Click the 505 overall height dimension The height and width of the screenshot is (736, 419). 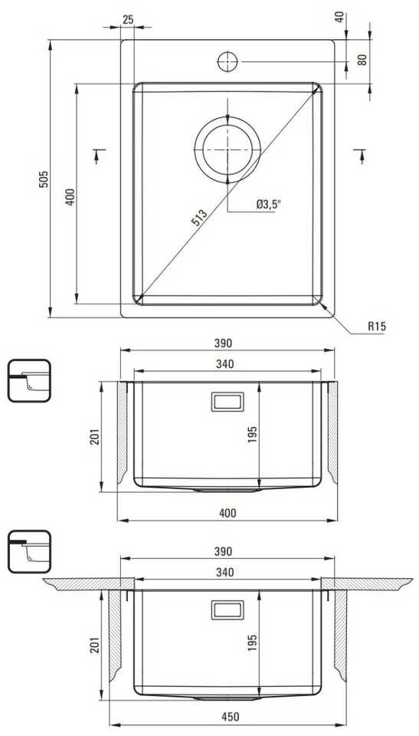[43, 179]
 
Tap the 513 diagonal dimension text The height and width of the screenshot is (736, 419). [200, 217]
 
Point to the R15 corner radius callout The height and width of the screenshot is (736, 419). [377, 327]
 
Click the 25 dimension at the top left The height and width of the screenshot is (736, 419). [128, 19]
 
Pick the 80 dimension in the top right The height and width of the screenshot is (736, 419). [362, 60]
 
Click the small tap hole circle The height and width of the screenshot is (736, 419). [228, 61]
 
